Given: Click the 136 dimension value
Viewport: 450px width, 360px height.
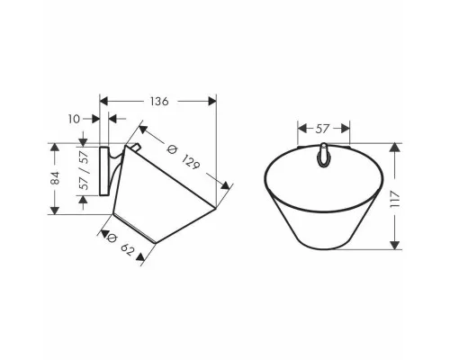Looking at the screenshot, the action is (159, 102).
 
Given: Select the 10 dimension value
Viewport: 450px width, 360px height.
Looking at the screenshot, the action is (74, 119).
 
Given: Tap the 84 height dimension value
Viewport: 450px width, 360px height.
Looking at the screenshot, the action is (55, 178).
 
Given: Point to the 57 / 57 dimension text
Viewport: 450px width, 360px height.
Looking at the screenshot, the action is (85, 170).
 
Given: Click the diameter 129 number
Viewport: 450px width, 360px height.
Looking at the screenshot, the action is (191, 161).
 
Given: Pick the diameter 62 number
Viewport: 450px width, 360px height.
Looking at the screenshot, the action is (127, 249).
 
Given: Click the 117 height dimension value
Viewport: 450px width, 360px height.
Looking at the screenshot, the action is (395, 199).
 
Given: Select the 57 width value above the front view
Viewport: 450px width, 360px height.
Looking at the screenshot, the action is (322, 129).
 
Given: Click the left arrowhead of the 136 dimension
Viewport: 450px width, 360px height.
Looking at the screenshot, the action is (103, 101).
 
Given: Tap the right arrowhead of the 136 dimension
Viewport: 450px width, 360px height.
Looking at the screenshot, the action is (212, 101).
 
